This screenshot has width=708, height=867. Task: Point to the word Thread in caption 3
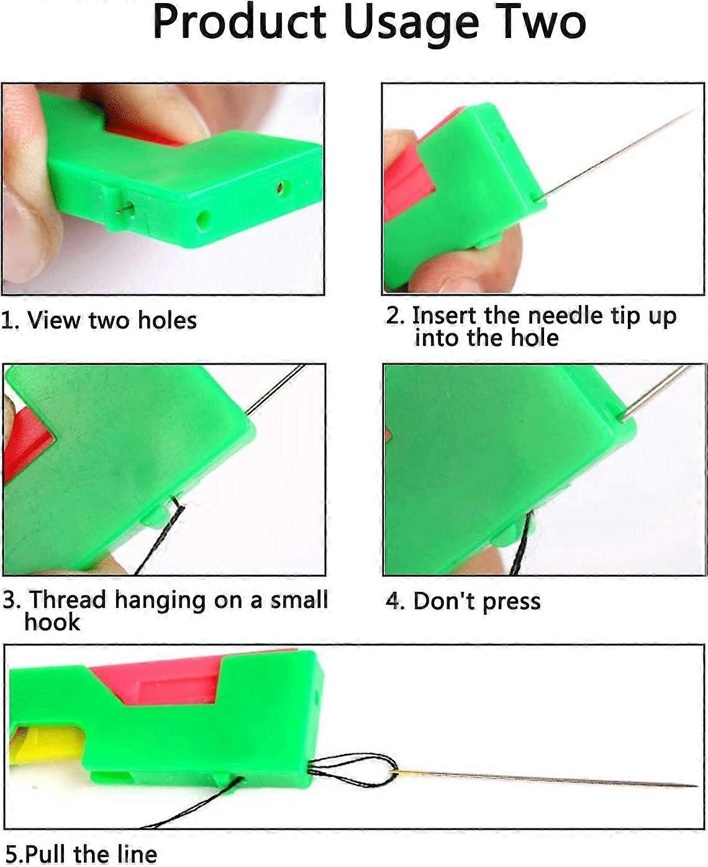[x=68, y=600]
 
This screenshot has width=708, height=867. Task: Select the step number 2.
[x=394, y=315]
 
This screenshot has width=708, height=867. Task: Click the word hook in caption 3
[x=52, y=622]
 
